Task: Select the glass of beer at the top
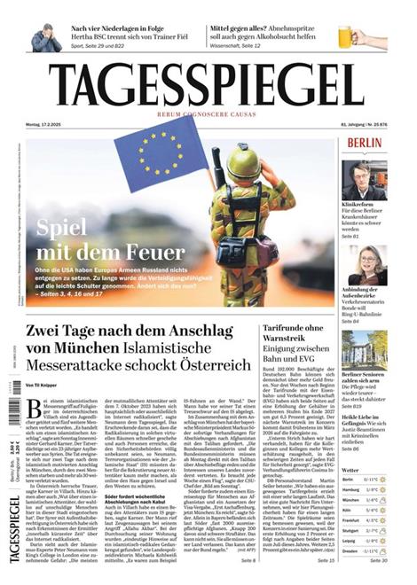pyautogui.click(x=345, y=36)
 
